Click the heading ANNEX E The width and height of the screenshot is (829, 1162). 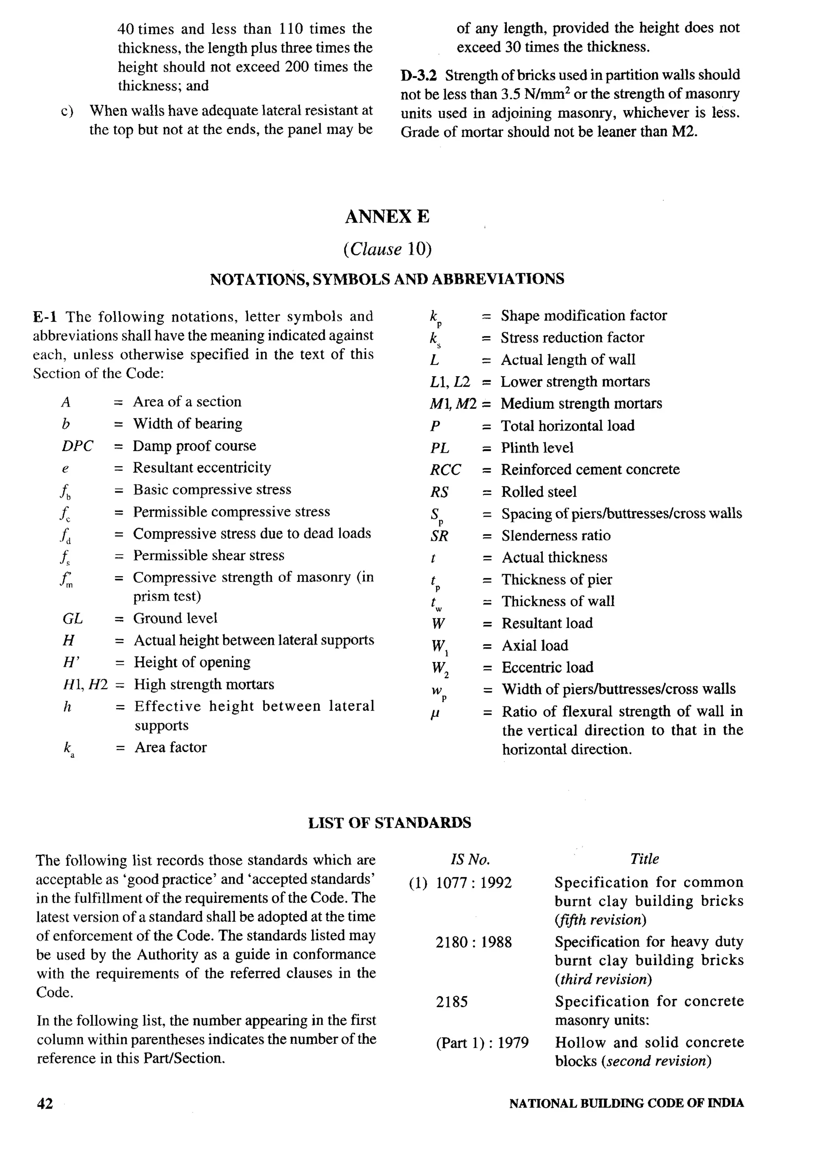[387, 217]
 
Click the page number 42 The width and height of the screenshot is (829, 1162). [45, 1103]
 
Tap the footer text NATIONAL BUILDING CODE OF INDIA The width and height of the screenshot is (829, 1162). [626, 1103]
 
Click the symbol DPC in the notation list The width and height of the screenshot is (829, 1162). [77, 446]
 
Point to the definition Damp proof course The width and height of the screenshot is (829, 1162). [194, 446]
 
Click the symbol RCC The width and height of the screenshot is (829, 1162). [445, 470]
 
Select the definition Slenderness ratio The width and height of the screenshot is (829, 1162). [555, 536]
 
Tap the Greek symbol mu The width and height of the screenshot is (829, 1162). [435, 712]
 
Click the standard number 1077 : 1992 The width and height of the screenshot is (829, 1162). [473, 883]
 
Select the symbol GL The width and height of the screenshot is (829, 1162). [72, 619]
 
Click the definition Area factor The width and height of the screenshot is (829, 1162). [170, 748]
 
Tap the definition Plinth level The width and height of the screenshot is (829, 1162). [537, 448]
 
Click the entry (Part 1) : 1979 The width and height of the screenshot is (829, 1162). [482, 1043]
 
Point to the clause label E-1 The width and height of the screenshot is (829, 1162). [45, 317]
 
